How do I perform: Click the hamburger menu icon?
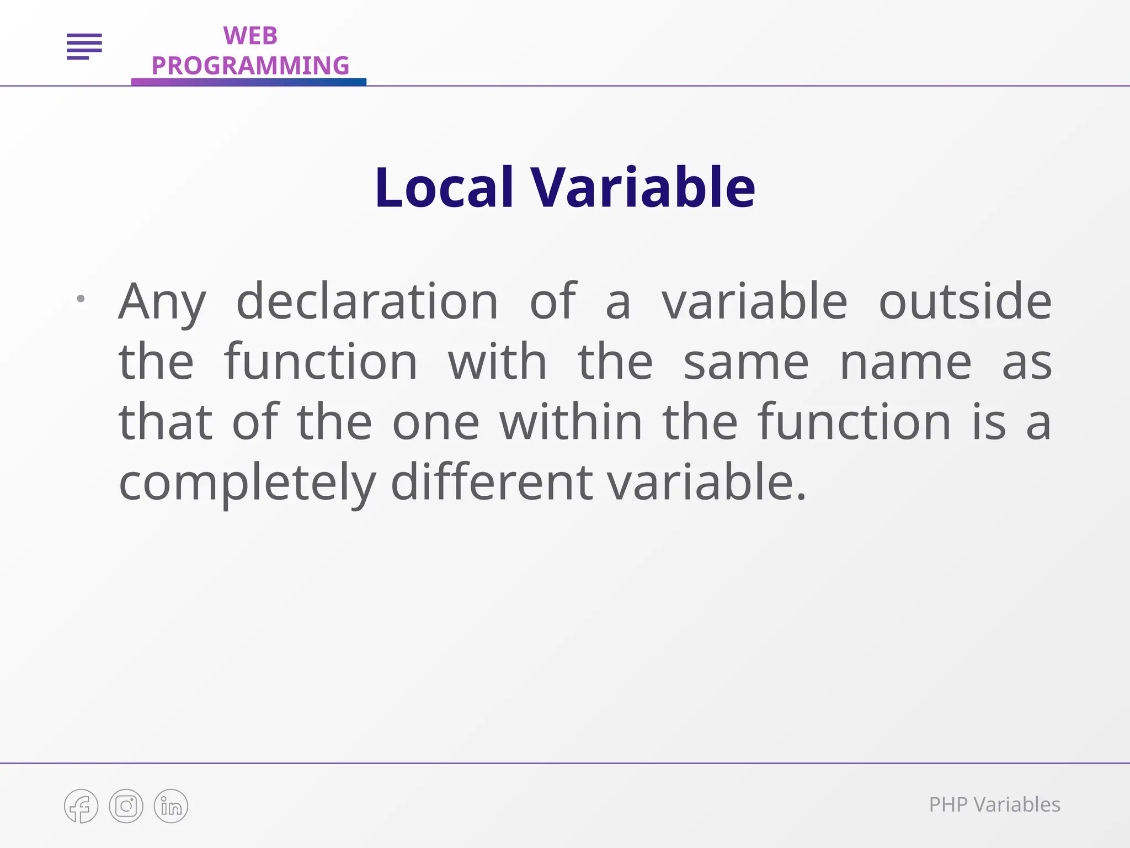click(x=84, y=46)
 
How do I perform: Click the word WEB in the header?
click(x=250, y=36)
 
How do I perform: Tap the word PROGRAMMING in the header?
click(x=250, y=66)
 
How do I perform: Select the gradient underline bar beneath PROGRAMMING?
click(x=248, y=82)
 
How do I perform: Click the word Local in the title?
click(x=444, y=188)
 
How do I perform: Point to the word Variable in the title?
click(x=643, y=188)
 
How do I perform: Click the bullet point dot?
click(x=81, y=299)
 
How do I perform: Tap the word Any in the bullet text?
click(x=162, y=303)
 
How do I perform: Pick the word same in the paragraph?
click(x=746, y=363)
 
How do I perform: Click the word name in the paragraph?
click(x=905, y=363)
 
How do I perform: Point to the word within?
click(x=571, y=422)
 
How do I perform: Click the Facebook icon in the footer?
click(x=81, y=806)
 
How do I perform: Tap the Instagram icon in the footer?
click(x=126, y=806)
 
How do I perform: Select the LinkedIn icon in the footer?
click(x=171, y=806)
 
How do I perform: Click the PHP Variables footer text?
click(x=994, y=805)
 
